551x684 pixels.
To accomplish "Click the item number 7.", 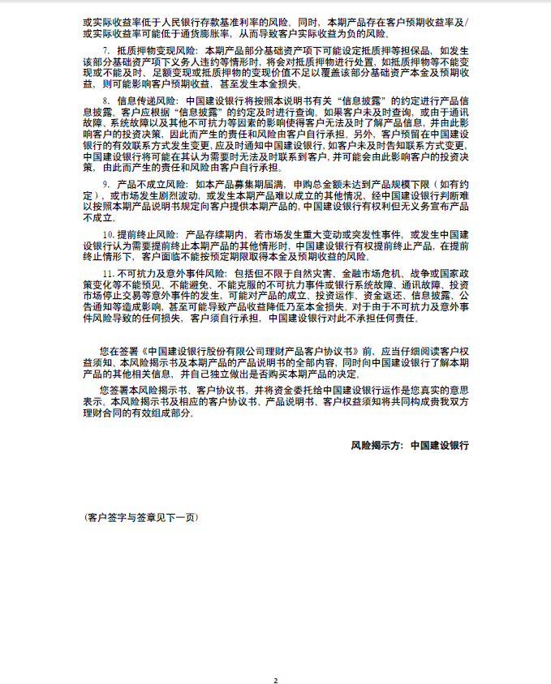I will pos(106,52).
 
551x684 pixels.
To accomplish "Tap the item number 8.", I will pos(106,101).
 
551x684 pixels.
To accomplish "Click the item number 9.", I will pos(106,185).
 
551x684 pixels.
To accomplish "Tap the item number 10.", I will pos(109,234).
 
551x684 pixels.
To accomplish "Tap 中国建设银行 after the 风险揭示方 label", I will pos(439,445).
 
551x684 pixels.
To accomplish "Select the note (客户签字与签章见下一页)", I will pos(140,517).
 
